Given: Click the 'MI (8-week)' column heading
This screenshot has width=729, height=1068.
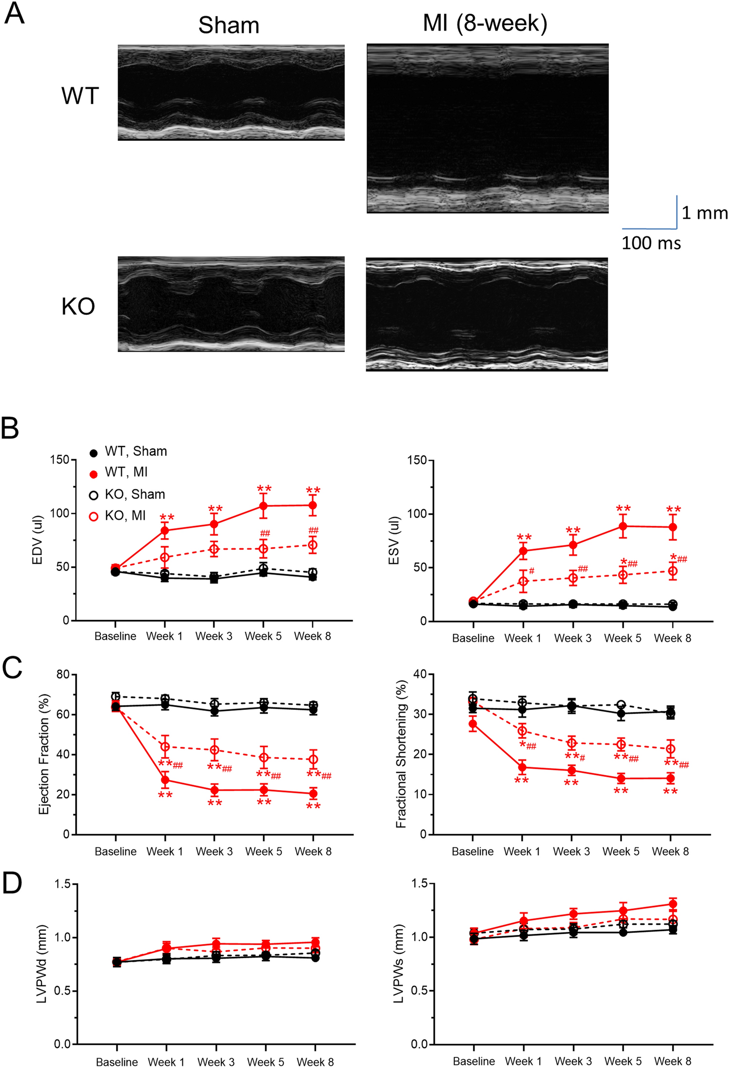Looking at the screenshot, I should [x=484, y=23].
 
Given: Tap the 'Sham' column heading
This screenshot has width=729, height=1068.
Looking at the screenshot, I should [x=229, y=25].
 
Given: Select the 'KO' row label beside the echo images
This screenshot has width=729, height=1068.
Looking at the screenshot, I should [x=78, y=307].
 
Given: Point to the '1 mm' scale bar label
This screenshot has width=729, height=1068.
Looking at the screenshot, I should [x=704, y=213].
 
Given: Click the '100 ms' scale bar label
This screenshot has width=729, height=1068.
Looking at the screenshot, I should [x=651, y=243].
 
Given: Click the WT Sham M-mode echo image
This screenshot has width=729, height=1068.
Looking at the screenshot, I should [x=231, y=92].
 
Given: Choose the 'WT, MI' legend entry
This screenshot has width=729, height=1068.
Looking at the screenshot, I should [x=125, y=472].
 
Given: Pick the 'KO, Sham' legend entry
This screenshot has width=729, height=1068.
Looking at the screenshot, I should [x=134, y=494].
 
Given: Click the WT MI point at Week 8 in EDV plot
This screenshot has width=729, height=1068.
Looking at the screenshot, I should [x=313, y=505].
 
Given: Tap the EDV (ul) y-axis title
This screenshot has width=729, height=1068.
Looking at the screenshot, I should [x=37, y=540].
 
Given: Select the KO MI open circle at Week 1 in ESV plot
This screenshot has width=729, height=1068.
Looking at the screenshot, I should [x=523, y=581].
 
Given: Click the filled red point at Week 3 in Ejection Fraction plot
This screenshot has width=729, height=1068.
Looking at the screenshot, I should [x=214, y=790].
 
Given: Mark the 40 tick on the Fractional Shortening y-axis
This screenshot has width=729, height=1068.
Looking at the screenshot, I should [x=419, y=674].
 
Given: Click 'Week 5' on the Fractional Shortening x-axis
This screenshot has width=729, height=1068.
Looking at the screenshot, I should [x=621, y=851].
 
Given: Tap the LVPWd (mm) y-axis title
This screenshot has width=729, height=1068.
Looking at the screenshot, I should [x=42, y=964].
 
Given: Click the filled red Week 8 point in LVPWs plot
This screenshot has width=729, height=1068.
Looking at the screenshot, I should [x=673, y=904].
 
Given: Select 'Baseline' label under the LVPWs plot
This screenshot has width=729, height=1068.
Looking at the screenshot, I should [x=473, y=1061].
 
